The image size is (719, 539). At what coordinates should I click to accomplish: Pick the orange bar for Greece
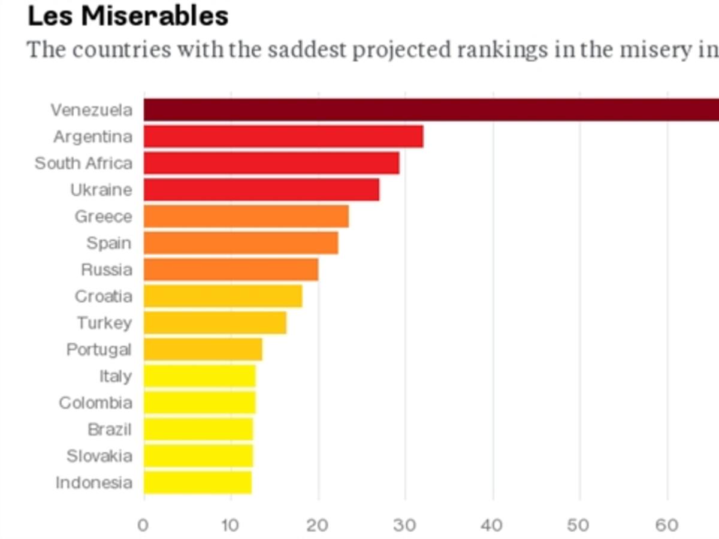pyautogui.click(x=246, y=216)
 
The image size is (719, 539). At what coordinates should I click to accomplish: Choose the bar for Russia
pyautogui.click(x=231, y=269)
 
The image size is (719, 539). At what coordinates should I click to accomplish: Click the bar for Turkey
pyautogui.click(x=215, y=323)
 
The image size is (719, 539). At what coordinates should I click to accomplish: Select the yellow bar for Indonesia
pyautogui.click(x=198, y=483)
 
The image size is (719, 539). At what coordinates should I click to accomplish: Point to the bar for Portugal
pyautogui.click(x=203, y=349)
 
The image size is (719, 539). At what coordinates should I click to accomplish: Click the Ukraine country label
pyautogui.click(x=101, y=190)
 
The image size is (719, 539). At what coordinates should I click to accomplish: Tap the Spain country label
pyautogui.click(x=108, y=243)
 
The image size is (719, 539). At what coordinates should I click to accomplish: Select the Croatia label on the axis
pyautogui.click(x=103, y=296)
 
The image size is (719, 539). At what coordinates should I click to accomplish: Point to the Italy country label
pyautogui.click(x=115, y=376)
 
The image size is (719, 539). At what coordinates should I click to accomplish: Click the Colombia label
pyautogui.click(x=95, y=402)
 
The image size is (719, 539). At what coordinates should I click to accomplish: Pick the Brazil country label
pyautogui.click(x=109, y=429)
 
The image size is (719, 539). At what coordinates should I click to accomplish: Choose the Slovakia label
pyautogui.click(x=99, y=456)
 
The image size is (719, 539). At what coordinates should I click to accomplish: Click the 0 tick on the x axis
pyautogui.click(x=143, y=526)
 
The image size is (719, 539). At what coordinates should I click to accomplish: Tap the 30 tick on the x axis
pyautogui.click(x=405, y=526)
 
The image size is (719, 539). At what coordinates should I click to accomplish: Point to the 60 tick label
pyautogui.click(x=667, y=526)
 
